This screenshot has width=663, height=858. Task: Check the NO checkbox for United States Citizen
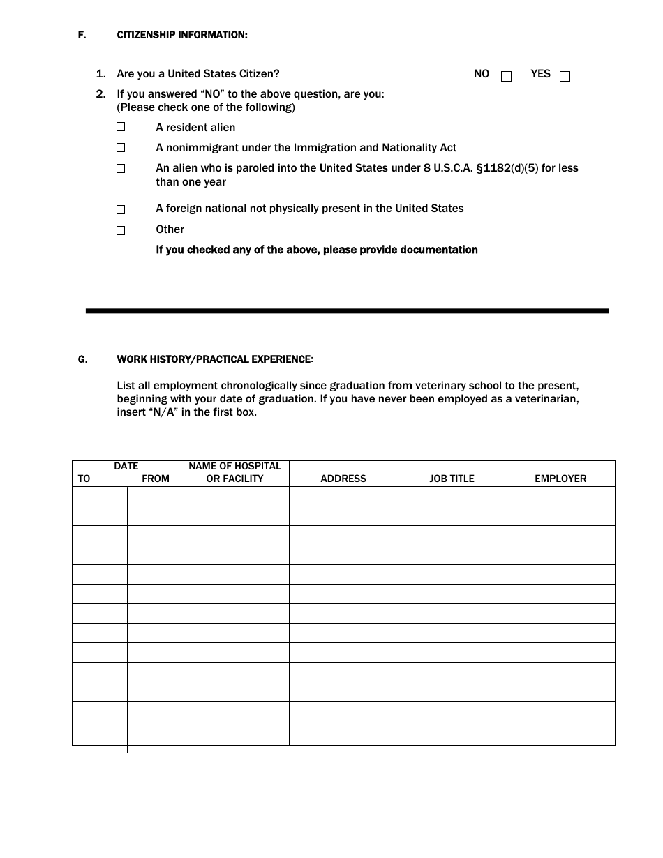[x=507, y=77]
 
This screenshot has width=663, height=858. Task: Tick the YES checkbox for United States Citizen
[x=565, y=77]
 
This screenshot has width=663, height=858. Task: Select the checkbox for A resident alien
[x=121, y=127]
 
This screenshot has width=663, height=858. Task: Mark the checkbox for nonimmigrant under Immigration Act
[x=121, y=148]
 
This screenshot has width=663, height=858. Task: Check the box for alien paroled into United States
[x=121, y=169]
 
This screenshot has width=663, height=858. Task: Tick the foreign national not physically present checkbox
[x=121, y=209]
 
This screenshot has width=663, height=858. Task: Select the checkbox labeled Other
[x=121, y=230]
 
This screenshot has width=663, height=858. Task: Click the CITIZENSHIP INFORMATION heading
[x=181, y=35]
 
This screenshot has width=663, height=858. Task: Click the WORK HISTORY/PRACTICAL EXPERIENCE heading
[x=214, y=359]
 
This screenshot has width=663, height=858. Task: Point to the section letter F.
[x=82, y=35]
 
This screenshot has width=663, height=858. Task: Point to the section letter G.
[x=82, y=359]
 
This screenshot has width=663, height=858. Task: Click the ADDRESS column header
[x=343, y=479]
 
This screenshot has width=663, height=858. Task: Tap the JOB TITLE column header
[x=452, y=479]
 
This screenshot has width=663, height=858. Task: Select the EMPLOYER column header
[x=560, y=479]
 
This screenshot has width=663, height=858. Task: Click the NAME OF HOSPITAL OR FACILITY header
[x=234, y=472]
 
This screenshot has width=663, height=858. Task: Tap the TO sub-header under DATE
[x=84, y=479]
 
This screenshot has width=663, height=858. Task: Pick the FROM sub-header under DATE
[x=155, y=479]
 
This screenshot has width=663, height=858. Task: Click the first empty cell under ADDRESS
[x=343, y=496]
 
